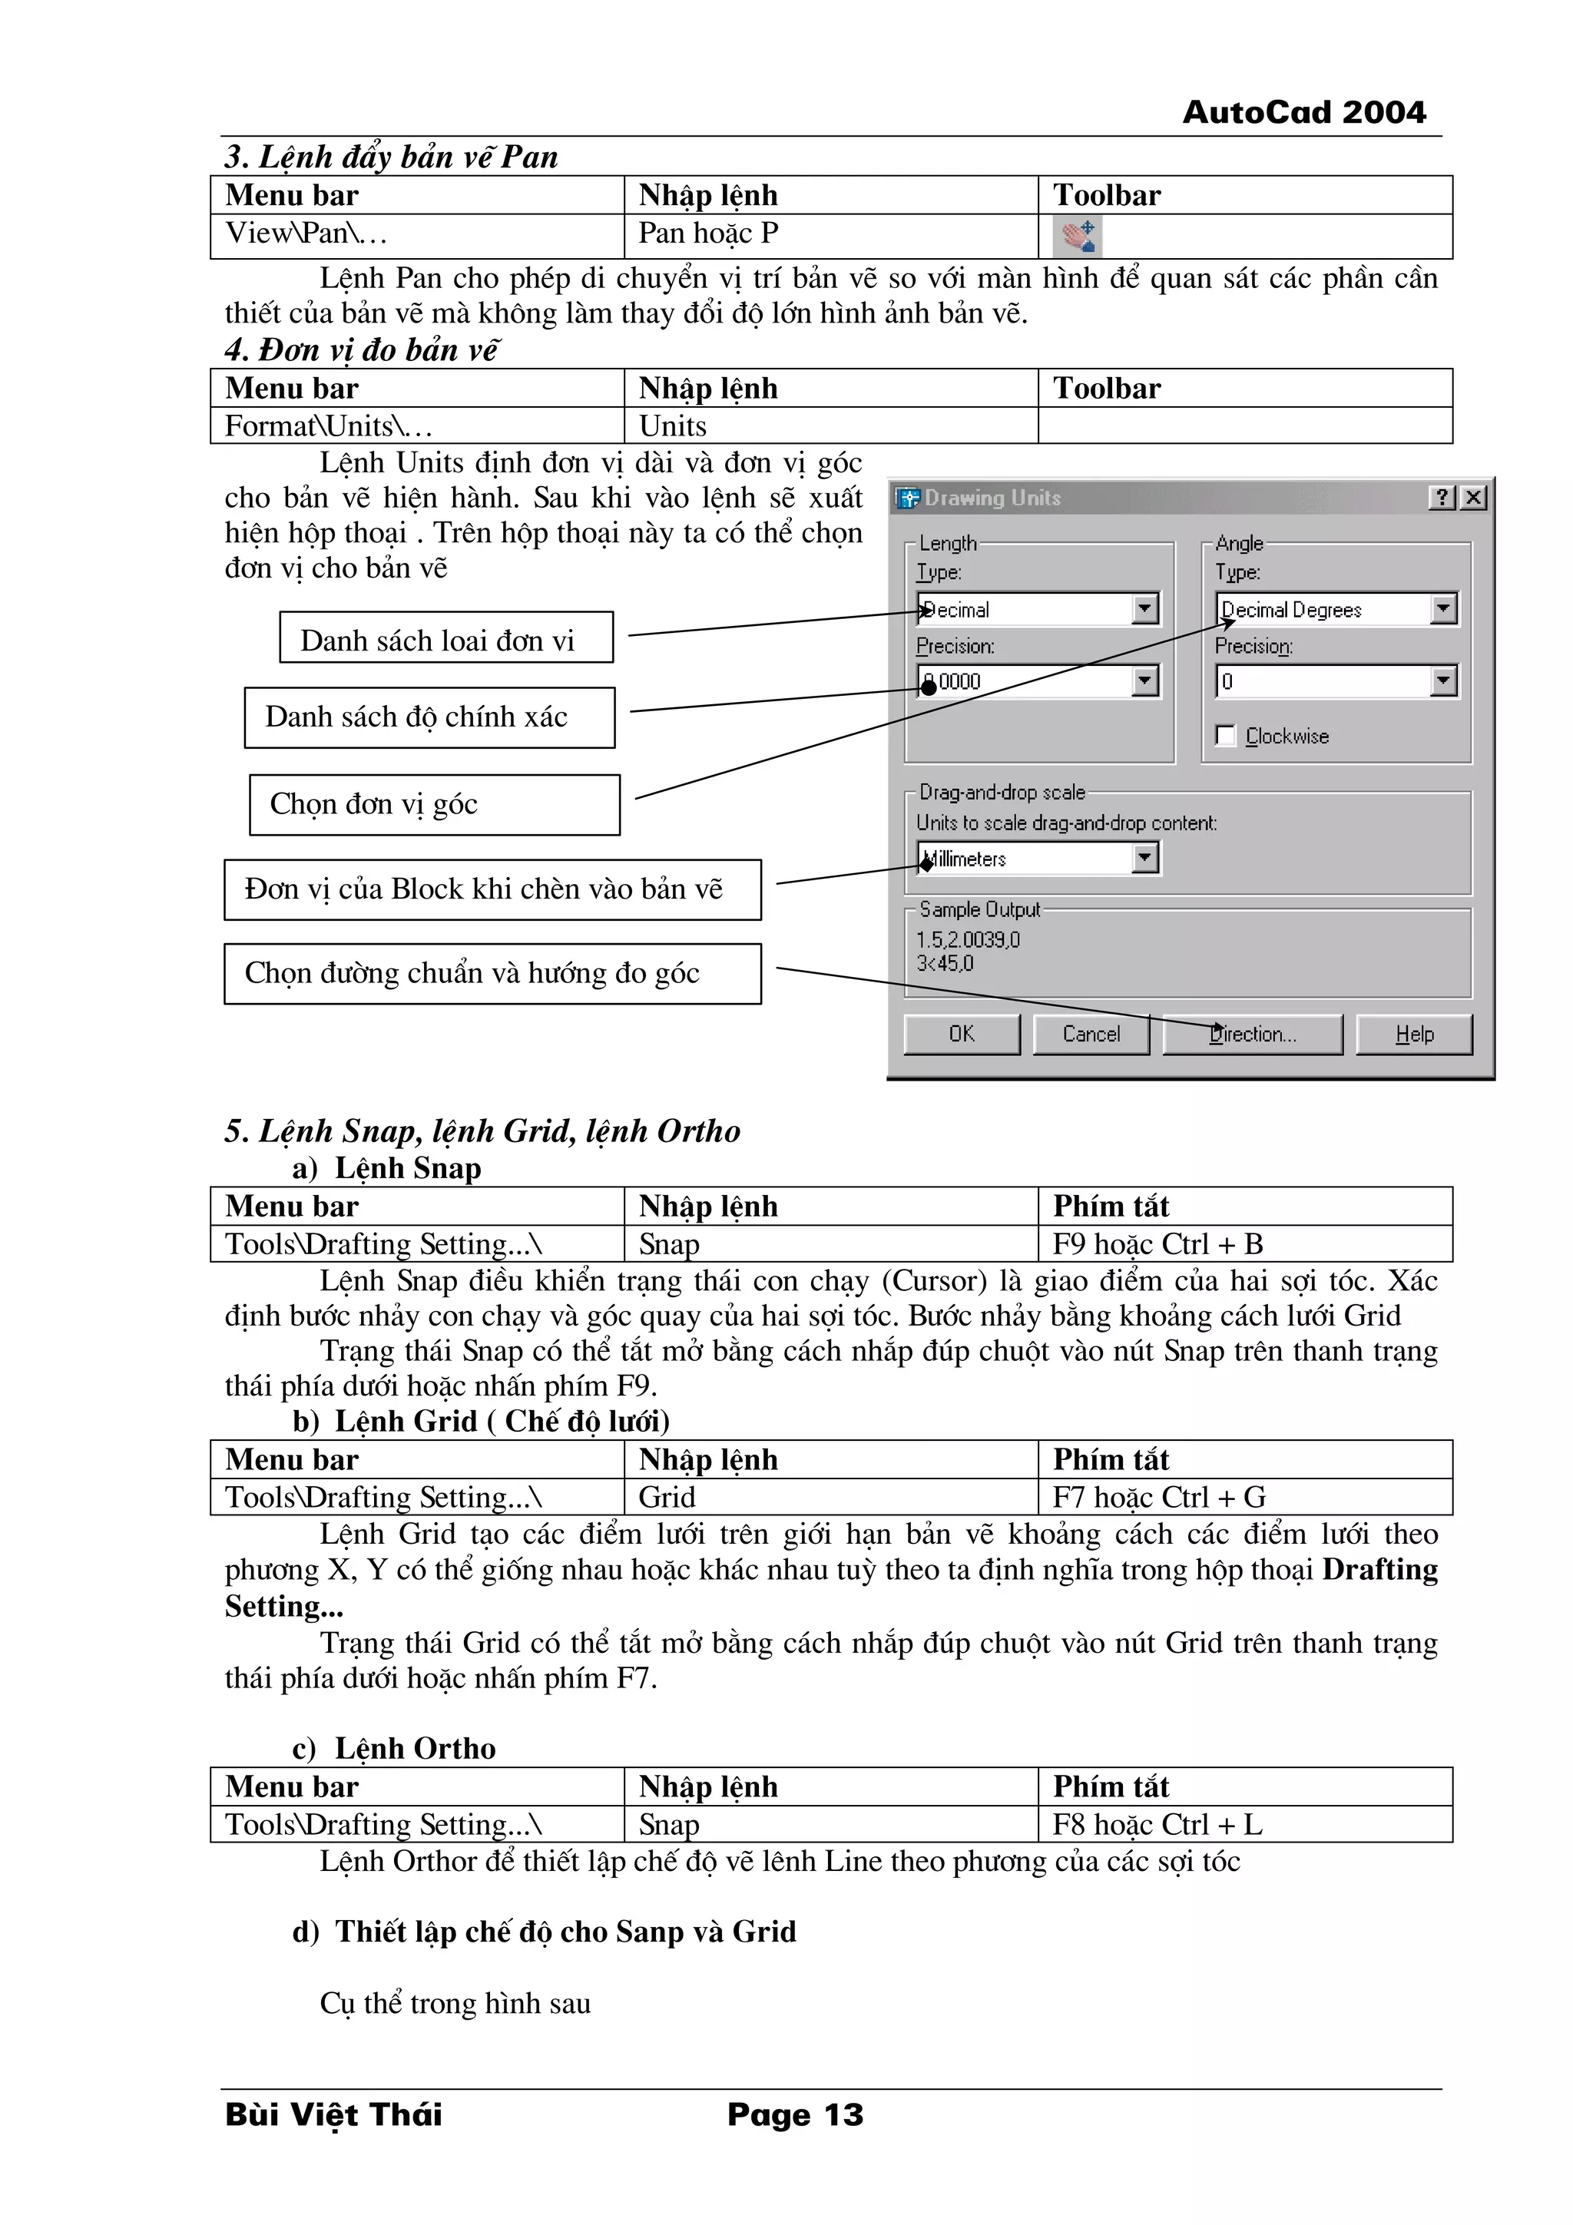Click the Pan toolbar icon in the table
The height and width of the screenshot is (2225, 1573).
point(1077,236)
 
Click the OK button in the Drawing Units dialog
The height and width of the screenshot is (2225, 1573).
point(962,1034)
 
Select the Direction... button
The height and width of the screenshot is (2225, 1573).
point(1252,1034)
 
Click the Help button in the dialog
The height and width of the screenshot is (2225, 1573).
point(1414,1034)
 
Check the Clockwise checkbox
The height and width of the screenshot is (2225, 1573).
point(1226,736)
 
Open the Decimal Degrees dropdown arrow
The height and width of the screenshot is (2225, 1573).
point(1443,608)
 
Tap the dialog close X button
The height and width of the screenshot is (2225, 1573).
point(1473,497)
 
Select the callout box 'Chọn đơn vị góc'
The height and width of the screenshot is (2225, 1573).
point(434,804)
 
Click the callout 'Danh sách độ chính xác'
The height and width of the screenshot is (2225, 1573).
point(429,717)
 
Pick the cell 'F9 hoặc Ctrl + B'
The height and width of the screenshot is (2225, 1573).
point(1157,1243)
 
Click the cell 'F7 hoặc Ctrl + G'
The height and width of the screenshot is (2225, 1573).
point(1159,1496)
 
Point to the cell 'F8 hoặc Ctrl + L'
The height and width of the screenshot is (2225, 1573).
point(1157,1824)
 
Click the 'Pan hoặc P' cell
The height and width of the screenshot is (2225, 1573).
point(708,233)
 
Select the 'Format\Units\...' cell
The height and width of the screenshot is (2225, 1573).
point(329,426)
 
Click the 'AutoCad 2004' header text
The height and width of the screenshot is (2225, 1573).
point(1303,112)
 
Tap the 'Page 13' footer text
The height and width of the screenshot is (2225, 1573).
point(795,2114)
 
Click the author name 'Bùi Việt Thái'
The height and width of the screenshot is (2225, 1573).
point(333,2114)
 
